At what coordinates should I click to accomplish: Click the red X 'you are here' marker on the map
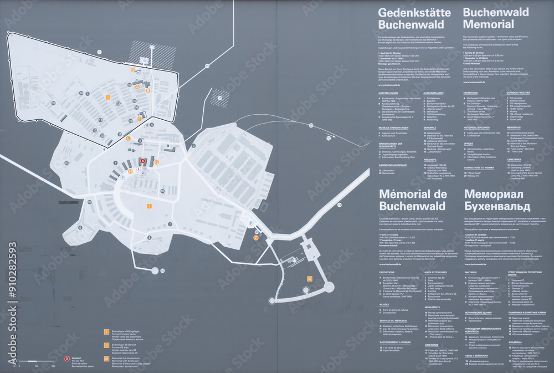142,161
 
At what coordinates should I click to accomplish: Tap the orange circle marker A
137,86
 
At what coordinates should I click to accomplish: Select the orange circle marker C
255,237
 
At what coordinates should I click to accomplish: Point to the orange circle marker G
157,162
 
